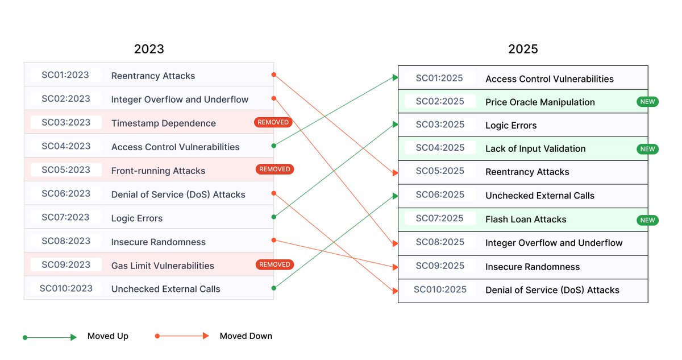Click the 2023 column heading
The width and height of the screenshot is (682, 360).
click(x=149, y=49)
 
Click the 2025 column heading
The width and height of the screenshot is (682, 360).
click(x=523, y=49)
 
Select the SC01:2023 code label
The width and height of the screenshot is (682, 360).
click(x=66, y=75)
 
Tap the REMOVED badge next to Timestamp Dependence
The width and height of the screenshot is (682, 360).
click(x=273, y=122)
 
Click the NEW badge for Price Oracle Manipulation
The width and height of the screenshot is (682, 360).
click(x=647, y=102)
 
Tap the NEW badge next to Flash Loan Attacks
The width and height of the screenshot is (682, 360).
click(x=647, y=220)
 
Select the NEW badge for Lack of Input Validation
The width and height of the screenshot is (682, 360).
click(x=647, y=149)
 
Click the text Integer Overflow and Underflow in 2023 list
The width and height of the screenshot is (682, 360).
click(x=180, y=100)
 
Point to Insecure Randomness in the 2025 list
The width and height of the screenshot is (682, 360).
click(x=533, y=267)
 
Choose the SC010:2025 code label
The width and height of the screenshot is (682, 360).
click(x=440, y=289)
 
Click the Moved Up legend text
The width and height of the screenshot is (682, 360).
click(x=108, y=336)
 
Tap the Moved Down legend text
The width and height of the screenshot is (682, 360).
click(x=246, y=336)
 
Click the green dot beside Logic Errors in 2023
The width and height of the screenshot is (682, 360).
click(x=273, y=217)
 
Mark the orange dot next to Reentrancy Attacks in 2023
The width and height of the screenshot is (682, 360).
click(x=273, y=75)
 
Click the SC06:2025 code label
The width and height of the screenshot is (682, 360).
click(x=440, y=195)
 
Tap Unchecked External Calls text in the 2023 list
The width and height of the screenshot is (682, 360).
click(x=166, y=289)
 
